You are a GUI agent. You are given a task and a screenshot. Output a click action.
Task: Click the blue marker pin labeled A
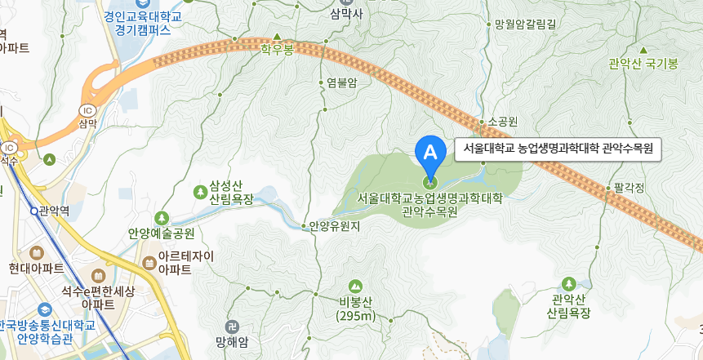click(429, 152)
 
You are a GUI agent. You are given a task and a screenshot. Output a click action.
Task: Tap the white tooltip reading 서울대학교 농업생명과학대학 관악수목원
click(558, 149)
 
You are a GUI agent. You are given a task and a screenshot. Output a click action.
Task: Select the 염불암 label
click(341, 82)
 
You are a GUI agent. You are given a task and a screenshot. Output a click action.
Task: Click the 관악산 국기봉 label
click(643, 64)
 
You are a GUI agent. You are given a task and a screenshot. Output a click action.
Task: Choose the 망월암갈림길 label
click(524, 24)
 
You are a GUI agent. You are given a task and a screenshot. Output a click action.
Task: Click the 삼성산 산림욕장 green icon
click(200, 192)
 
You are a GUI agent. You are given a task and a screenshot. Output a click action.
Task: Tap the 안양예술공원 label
click(161, 232)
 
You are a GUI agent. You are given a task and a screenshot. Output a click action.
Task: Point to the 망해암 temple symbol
click(232, 326)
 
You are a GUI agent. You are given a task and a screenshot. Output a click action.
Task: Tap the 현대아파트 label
click(37, 267)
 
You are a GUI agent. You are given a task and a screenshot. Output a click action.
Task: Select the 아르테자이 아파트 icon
click(149, 263)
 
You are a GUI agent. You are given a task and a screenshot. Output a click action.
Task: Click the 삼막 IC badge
click(87, 110)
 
